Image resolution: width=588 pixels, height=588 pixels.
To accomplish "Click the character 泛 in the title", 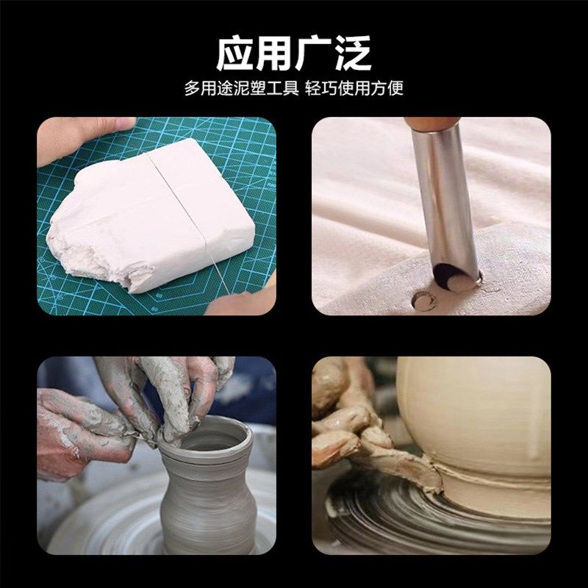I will (x=351, y=52).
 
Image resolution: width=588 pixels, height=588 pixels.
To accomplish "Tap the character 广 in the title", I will (x=313, y=52).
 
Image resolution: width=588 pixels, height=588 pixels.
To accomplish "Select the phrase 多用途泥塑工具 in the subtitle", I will (x=241, y=89).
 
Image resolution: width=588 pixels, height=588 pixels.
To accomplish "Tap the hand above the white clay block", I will (x=81, y=136).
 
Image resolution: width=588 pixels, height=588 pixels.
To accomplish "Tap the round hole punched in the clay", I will (x=423, y=301).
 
